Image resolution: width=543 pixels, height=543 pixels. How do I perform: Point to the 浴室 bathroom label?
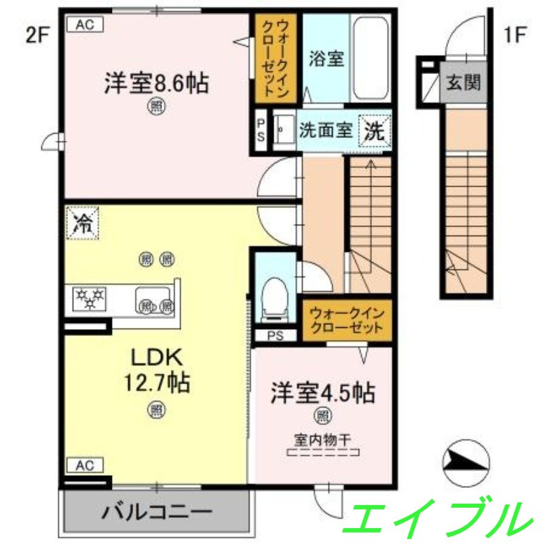326,58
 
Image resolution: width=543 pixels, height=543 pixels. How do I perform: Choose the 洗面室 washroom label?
326,130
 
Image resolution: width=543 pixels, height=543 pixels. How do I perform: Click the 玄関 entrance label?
464,83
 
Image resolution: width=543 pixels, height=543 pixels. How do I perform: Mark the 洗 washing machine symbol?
375,131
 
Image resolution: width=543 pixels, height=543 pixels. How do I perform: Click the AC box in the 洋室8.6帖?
84,24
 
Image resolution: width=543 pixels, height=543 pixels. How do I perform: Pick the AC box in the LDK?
84,465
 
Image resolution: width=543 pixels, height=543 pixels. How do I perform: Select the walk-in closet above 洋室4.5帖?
347,321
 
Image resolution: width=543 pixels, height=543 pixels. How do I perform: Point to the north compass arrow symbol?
465,462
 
